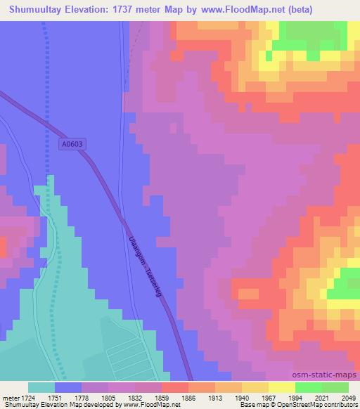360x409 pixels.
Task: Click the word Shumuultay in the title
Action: coord(34,10)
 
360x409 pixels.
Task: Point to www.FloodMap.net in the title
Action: coord(236,10)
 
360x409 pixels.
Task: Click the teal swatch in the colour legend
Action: coord(41,387)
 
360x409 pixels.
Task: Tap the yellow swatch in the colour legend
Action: coord(281,387)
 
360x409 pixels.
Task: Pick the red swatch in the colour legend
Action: coord(174,387)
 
